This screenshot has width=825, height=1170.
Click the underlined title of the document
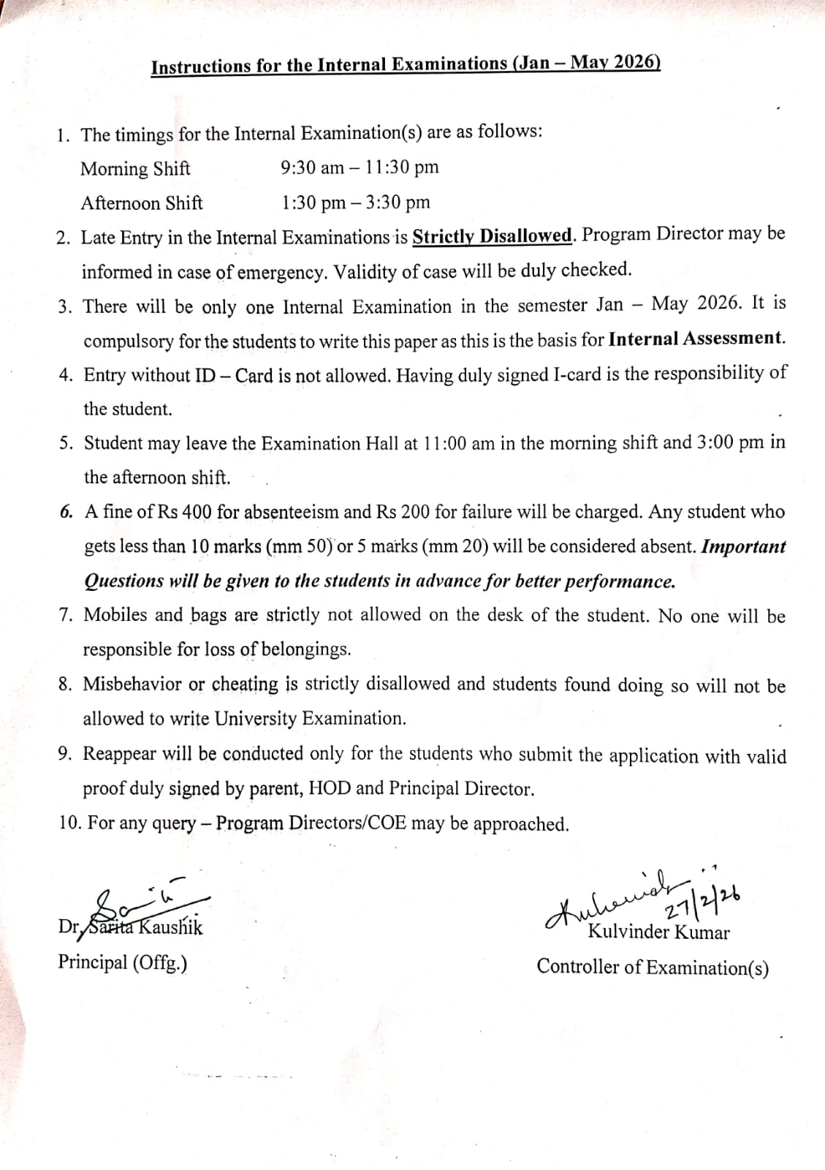point(406,65)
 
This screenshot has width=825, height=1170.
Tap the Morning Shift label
point(135,169)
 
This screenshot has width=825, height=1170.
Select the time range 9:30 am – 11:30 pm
point(360,167)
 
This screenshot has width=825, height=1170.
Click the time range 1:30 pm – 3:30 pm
point(356,203)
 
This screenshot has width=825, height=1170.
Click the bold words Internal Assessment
point(696,339)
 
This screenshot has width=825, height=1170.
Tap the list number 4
point(66,375)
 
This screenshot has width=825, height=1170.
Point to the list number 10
point(69,823)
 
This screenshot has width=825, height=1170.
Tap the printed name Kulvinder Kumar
point(658,932)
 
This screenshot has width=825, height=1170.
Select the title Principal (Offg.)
point(123,962)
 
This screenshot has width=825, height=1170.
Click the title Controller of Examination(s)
point(653,967)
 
